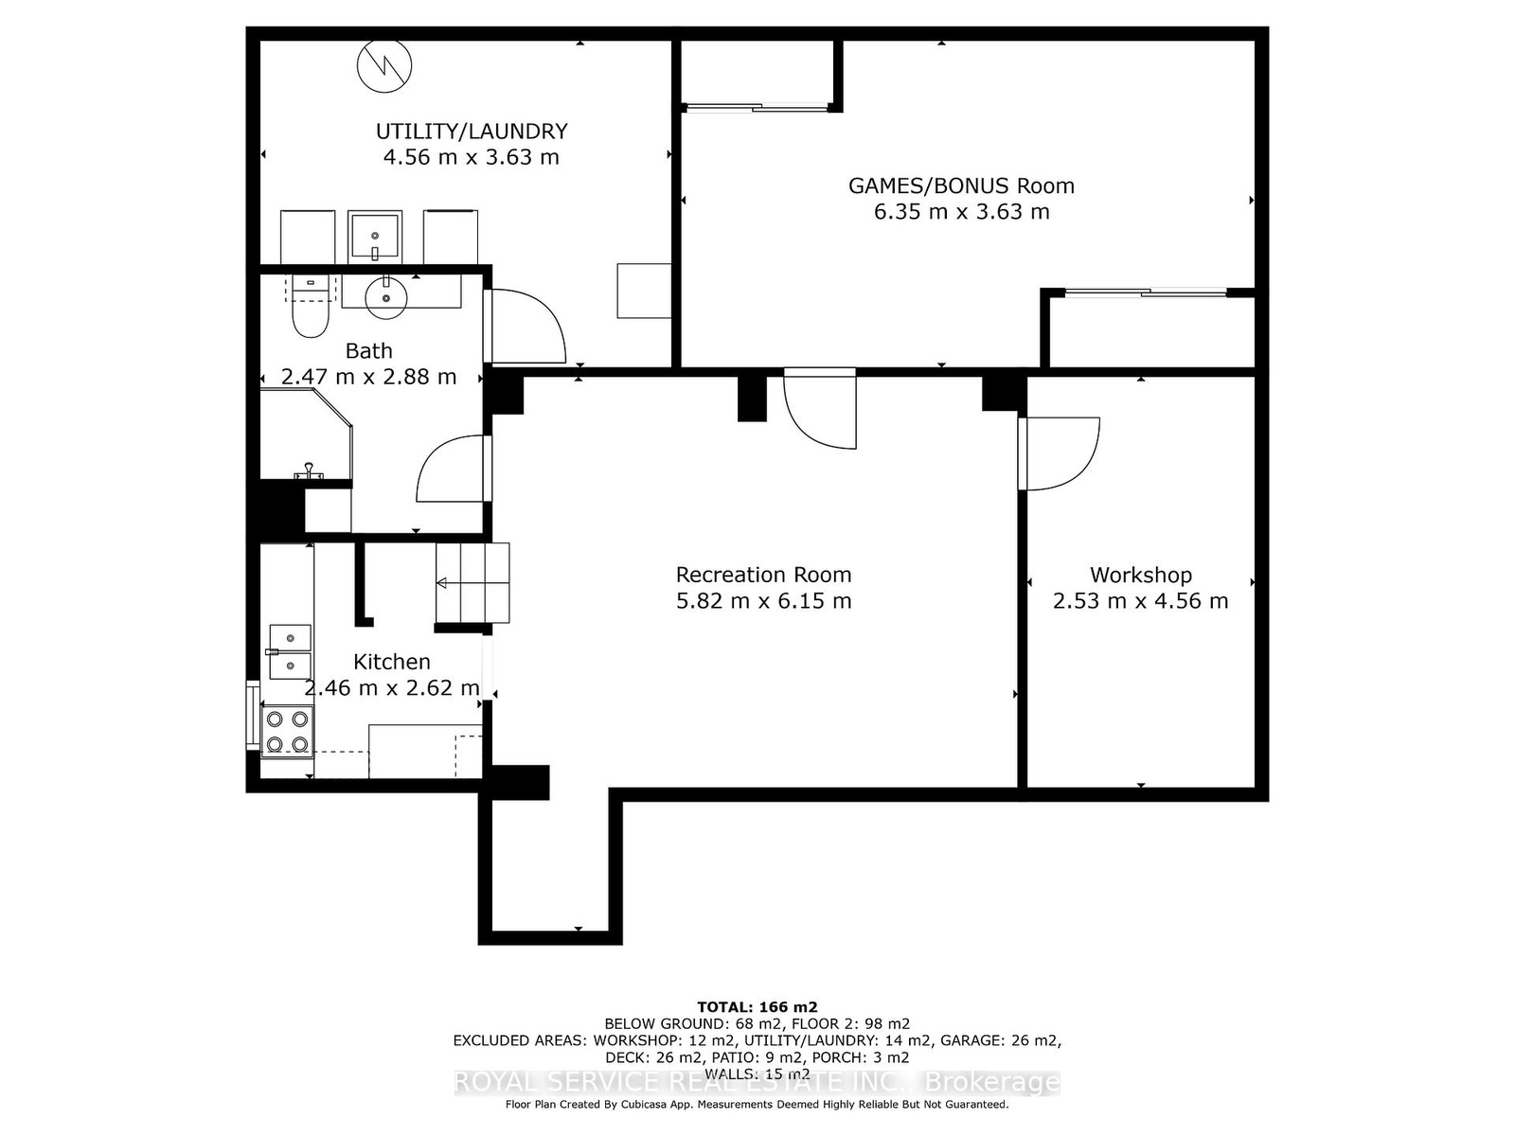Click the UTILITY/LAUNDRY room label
point(472,131)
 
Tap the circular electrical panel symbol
point(384,66)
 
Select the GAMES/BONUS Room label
point(961,186)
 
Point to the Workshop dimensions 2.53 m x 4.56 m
point(1140,601)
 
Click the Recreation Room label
point(763,575)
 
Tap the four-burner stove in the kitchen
point(287,731)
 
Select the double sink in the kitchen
point(289,652)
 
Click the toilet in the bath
point(310,306)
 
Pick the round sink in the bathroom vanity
point(385,297)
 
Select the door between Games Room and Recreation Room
point(821,408)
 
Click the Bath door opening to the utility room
point(525,326)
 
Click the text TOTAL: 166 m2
point(757,1007)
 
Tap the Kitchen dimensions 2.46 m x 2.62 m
point(392,687)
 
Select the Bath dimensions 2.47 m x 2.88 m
point(368,377)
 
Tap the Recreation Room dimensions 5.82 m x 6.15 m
point(763,601)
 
